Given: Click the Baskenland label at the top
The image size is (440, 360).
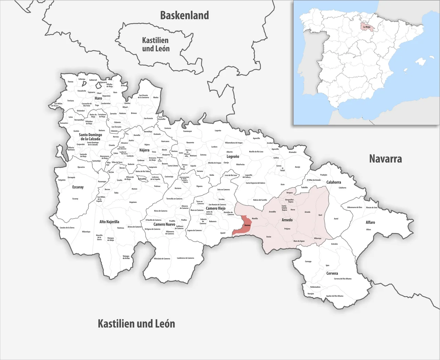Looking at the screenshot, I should click(185, 15).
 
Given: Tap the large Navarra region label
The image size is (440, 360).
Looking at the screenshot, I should click(385, 159).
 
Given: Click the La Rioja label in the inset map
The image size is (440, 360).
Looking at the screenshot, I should click(366, 26).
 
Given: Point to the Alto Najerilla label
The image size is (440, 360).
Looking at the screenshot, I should click(109, 222).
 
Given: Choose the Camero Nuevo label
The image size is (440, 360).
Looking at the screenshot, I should click(164, 224).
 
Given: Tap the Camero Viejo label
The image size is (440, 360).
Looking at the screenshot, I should click(216, 208).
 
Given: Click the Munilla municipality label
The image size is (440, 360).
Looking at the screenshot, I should click(255, 219).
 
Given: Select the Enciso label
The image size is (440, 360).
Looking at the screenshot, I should click(268, 237).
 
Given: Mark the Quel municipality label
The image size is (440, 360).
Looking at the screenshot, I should click(320, 215).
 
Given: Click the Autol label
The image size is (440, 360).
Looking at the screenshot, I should click(336, 219).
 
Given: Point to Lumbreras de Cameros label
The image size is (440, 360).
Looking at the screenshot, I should click(186, 258).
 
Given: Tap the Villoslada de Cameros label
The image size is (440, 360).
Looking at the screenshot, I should click(162, 259).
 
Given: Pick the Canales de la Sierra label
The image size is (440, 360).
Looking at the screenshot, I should click(67, 228).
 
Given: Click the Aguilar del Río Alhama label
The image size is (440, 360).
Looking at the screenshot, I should click(334, 296).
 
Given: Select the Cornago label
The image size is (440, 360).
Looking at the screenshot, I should click(308, 261).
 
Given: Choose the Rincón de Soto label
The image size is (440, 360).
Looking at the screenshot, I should click(372, 207).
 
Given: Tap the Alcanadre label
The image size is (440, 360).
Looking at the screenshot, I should click(293, 152).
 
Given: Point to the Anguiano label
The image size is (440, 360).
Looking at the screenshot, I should click(133, 202).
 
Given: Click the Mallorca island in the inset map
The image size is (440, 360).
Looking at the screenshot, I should click(420, 62).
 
